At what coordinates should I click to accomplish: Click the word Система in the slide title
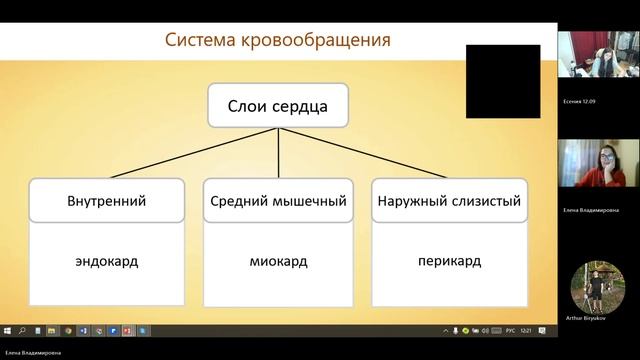(x=201, y=41)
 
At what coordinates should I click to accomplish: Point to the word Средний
(x=237, y=201)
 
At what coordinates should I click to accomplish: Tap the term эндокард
(x=106, y=262)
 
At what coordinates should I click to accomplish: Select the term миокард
(x=278, y=262)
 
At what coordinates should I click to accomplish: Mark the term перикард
(x=449, y=262)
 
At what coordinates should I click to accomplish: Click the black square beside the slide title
(x=502, y=81)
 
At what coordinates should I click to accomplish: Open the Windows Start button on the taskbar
(x=7, y=329)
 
